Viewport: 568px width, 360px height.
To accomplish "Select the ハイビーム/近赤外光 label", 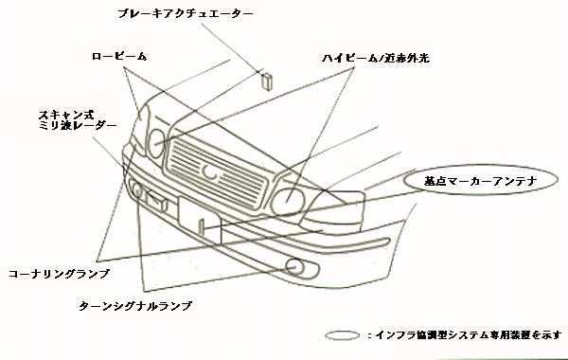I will pos(376,58).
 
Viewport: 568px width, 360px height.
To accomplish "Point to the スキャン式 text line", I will pos(62,112).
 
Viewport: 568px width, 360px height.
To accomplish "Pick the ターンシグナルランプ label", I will pos(135,307).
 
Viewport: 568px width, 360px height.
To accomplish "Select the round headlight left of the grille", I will pos(157,143).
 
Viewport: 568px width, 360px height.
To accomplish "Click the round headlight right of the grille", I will pos(288,200).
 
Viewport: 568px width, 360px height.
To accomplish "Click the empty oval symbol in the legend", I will pos(340,335).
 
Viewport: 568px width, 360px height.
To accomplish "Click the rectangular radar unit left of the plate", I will pos(162,201).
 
